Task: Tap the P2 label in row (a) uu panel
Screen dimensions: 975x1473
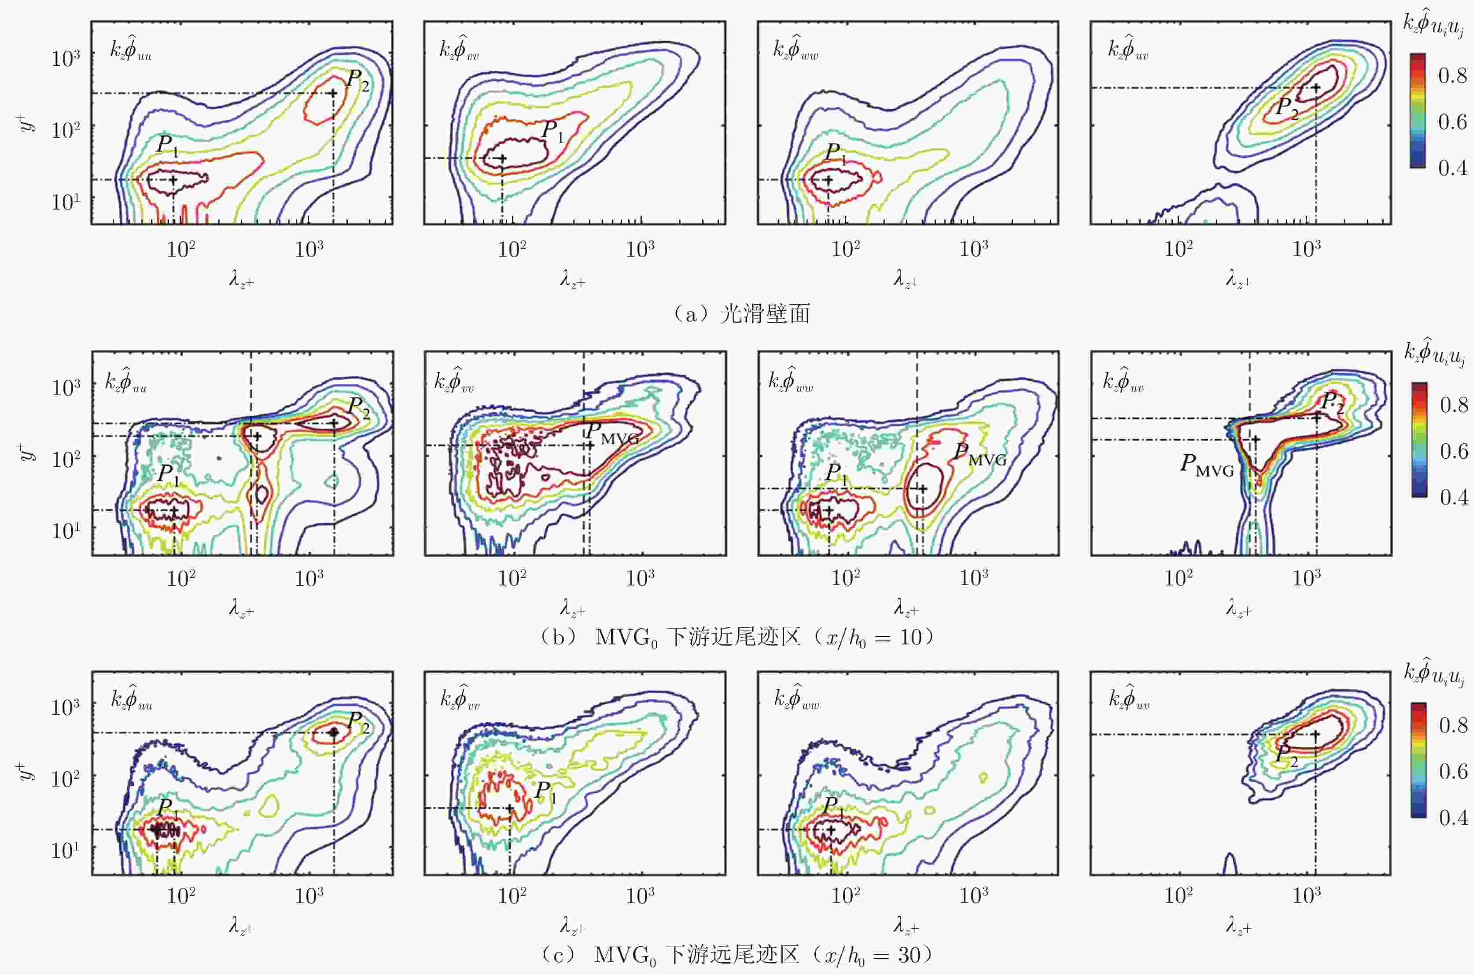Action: coord(357,80)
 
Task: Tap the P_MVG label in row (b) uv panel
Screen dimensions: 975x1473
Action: coord(1207,466)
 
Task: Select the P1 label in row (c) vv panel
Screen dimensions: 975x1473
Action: coord(546,791)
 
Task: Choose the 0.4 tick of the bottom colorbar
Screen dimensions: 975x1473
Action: coord(1454,817)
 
